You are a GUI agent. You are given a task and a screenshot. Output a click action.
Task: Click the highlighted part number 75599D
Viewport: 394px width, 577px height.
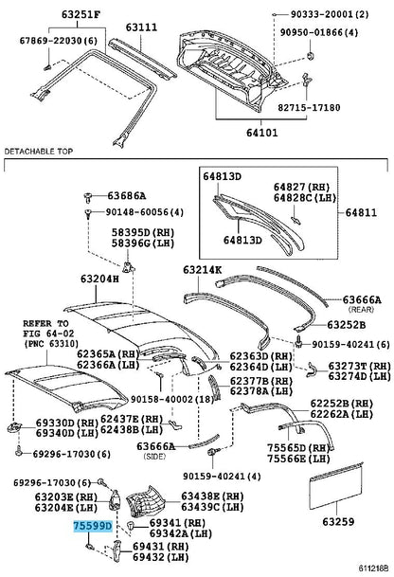(x=92, y=527)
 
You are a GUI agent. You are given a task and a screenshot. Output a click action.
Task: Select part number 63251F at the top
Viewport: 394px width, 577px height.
(x=81, y=15)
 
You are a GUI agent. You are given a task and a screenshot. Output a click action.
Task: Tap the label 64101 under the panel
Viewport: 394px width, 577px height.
(x=262, y=133)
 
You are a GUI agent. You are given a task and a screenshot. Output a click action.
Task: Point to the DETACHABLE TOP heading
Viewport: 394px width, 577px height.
(x=39, y=152)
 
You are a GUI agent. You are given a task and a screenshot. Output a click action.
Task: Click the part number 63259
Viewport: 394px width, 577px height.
(x=338, y=521)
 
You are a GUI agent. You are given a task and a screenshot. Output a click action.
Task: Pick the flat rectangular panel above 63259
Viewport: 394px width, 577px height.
(x=336, y=486)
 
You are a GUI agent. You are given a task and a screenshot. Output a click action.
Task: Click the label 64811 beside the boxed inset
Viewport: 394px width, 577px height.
(x=361, y=212)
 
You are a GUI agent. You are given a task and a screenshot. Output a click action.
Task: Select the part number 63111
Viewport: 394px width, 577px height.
(x=142, y=27)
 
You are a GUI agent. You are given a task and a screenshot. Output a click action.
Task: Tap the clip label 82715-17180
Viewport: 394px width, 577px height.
(x=309, y=107)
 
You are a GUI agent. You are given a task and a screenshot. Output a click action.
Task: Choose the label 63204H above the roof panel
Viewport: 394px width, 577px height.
(x=99, y=279)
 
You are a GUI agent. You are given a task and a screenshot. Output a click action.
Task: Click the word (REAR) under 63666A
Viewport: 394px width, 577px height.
(x=361, y=310)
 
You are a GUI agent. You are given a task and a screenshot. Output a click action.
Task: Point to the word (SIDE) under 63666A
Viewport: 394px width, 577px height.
(x=154, y=457)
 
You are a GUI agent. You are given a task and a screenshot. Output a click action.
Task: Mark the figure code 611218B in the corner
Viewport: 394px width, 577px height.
(x=372, y=568)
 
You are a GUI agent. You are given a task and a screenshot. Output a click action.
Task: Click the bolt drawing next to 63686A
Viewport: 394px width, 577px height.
(x=88, y=197)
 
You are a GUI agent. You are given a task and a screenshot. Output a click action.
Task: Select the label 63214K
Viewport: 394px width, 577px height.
(x=203, y=270)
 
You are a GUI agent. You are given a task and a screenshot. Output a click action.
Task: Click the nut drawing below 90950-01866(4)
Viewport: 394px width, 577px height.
(x=310, y=56)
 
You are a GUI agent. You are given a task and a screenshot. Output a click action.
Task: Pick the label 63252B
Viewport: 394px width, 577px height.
(x=347, y=325)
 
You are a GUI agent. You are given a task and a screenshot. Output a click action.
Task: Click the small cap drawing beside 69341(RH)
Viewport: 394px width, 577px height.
(x=131, y=524)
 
